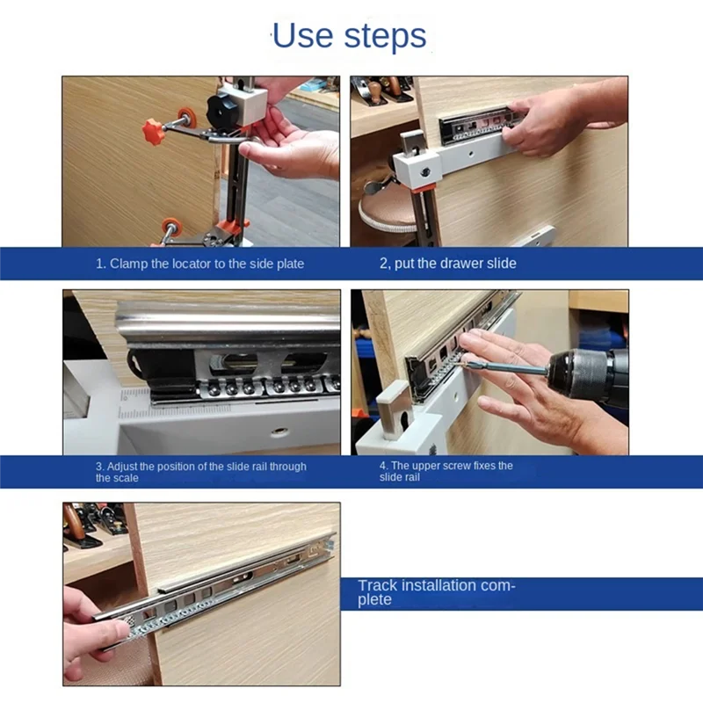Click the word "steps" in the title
tap(385, 38)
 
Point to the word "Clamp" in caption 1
tap(129, 264)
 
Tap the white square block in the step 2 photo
tap(416, 169)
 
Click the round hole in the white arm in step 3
tap(279, 432)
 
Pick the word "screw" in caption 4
tap(458, 466)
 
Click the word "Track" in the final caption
tap(378, 585)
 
